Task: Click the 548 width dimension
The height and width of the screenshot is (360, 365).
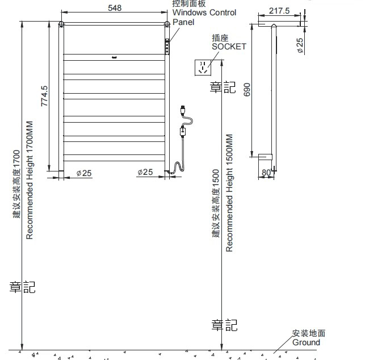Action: pos(115,8)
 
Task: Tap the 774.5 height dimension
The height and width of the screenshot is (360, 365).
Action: pos(44,96)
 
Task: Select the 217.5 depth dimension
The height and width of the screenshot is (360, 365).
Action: pos(279,11)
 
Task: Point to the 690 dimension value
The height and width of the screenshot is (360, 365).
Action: pos(247,90)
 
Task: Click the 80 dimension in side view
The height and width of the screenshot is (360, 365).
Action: pos(266,173)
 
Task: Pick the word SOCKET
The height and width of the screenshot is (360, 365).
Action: pos(229,47)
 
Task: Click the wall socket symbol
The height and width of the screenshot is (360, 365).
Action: pos(203,68)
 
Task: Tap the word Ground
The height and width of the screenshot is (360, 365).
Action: pos(306,342)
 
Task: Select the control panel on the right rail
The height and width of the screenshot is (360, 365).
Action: pos(167,47)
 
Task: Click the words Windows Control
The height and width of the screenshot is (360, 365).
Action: pos(204,12)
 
